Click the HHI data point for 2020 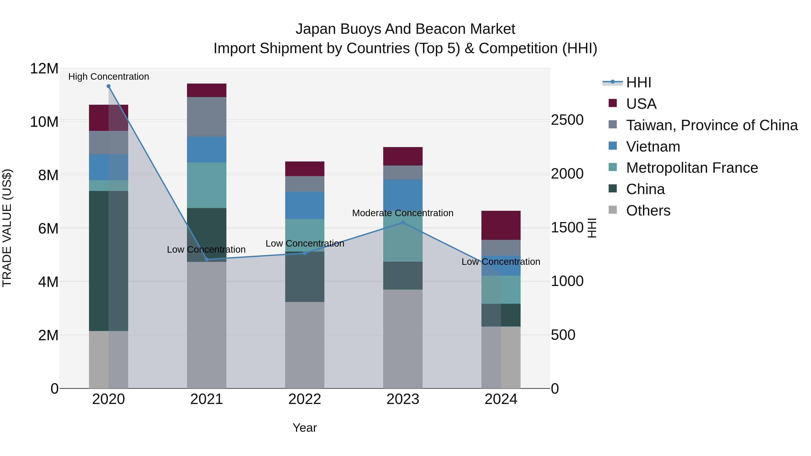coord(108,86)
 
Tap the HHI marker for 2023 coord(403,223)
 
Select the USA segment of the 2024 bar coord(501,225)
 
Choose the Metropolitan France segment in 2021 coord(207,185)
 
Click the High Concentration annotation coord(109,77)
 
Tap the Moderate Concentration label coord(403,213)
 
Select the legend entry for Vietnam coord(653,147)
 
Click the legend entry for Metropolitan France coord(692,168)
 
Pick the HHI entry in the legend coord(638,82)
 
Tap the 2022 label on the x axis coord(304,399)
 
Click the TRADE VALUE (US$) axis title coord(7,228)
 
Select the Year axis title coord(304,428)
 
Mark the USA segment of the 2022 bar coord(304,169)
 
